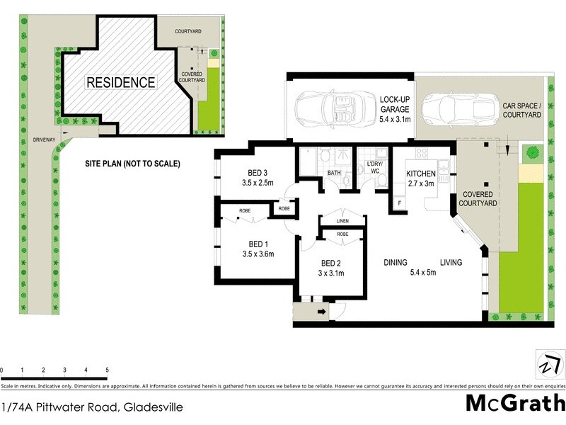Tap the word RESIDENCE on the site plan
coord(120,82)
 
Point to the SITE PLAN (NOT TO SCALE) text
coord(131,164)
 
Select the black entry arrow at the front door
coord(321,311)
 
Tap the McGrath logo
coord(515,403)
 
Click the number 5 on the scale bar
coord(107,370)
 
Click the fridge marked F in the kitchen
coord(399,203)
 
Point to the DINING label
coord(395,263)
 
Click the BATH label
coord(334,173)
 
